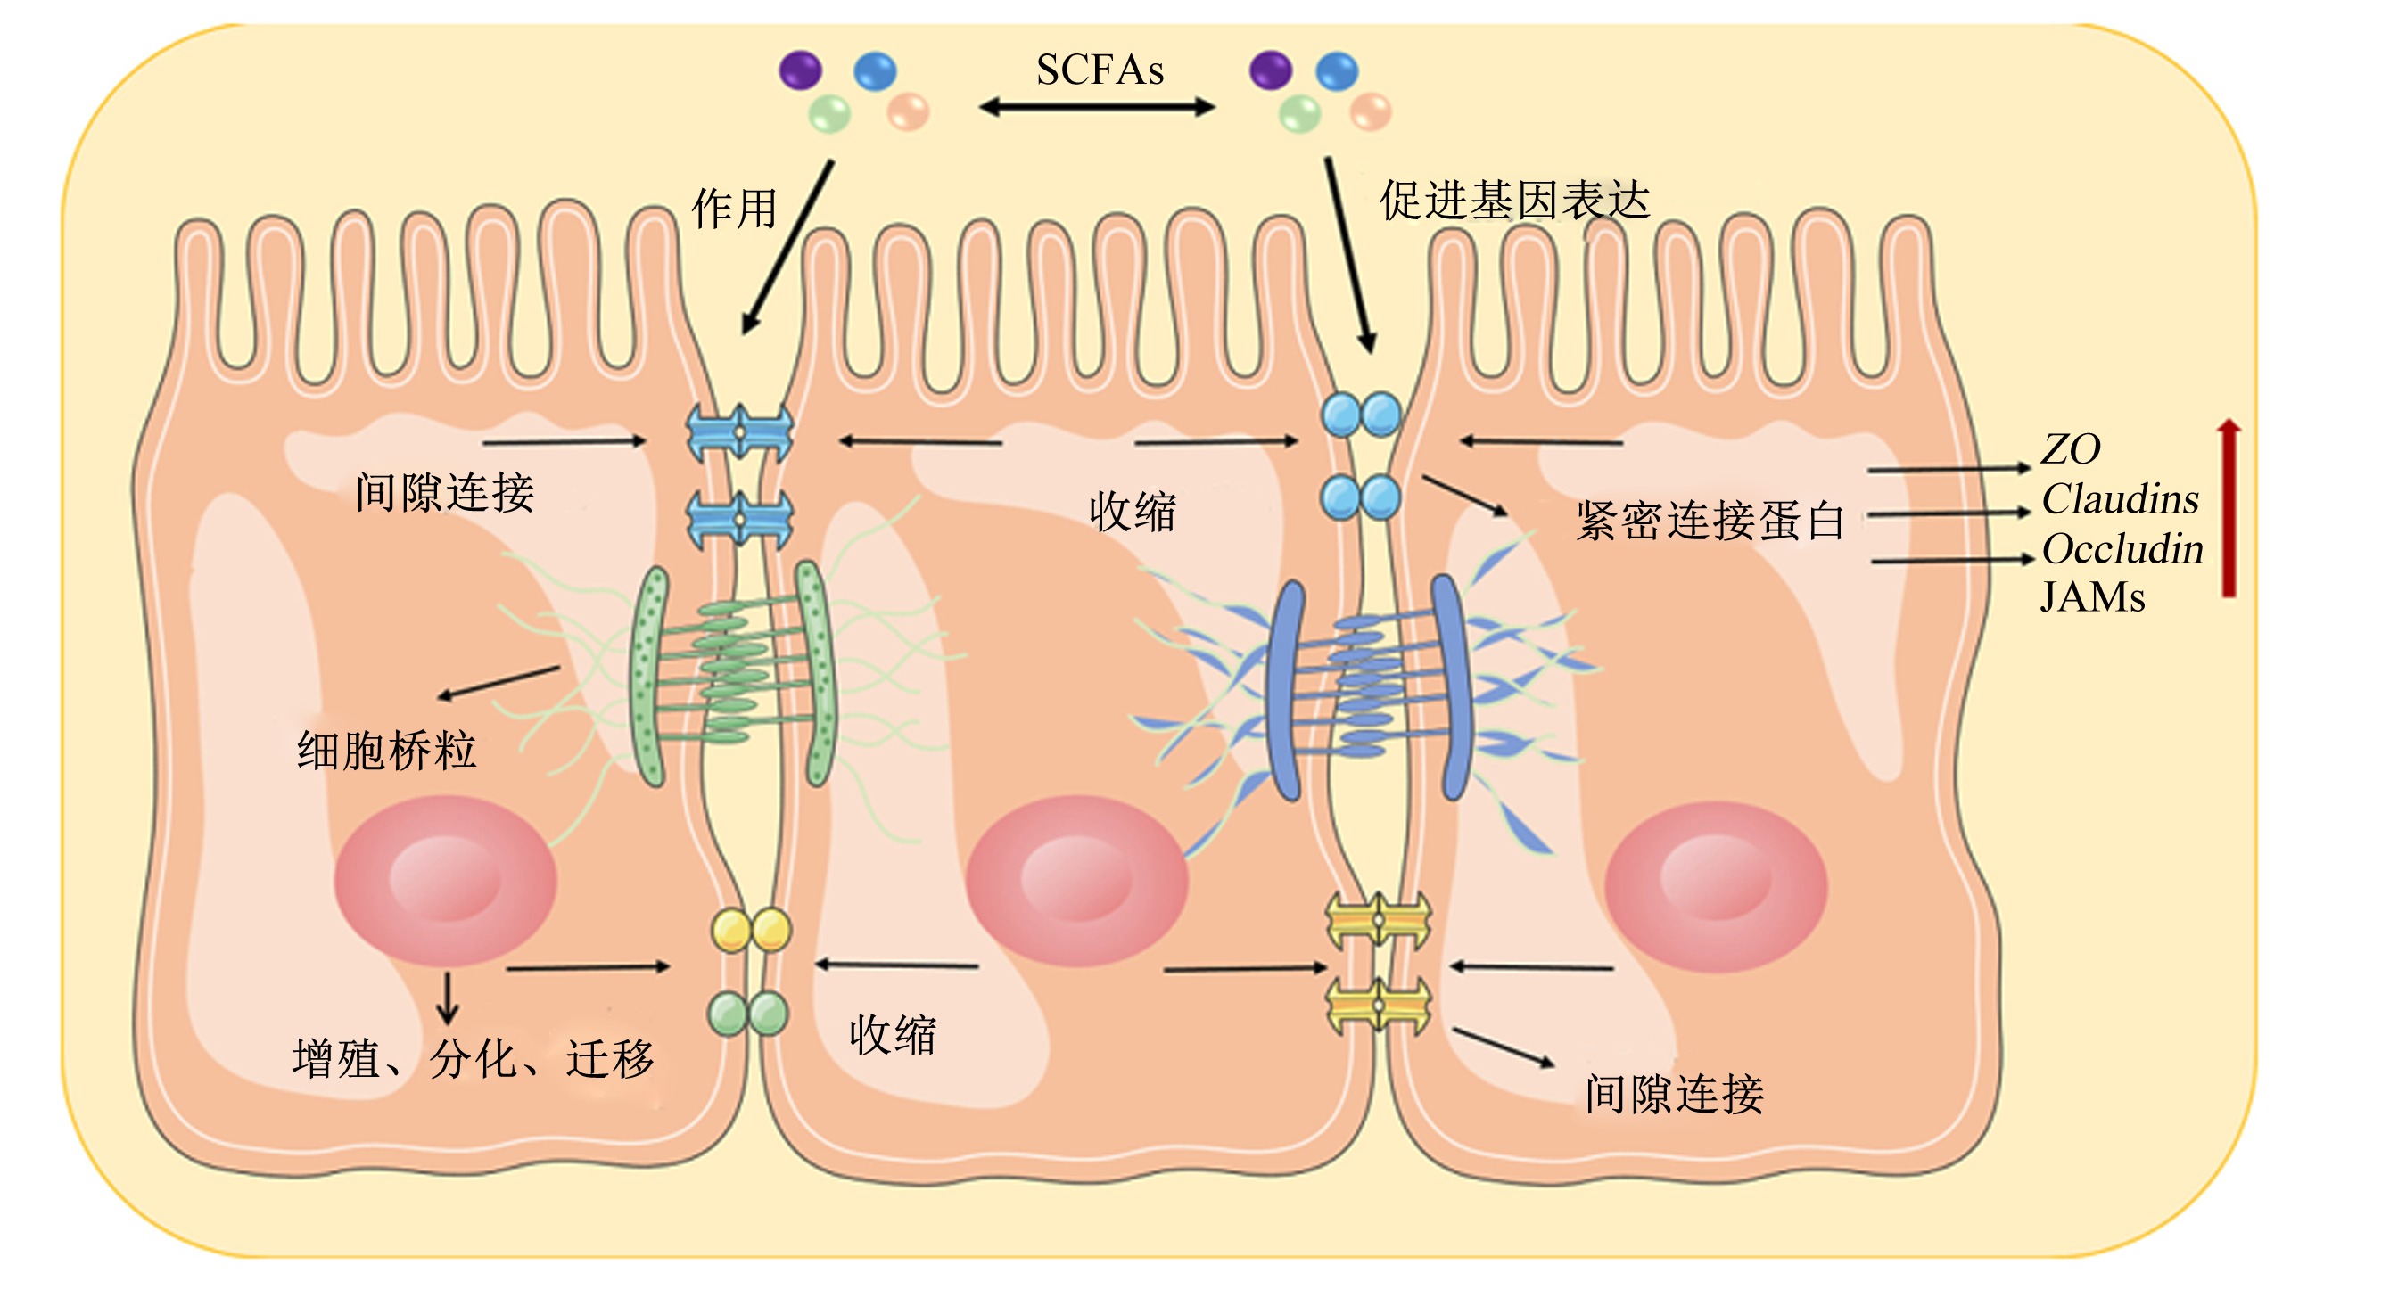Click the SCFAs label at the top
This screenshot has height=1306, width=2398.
pyautogui.click(x=1100, y=70)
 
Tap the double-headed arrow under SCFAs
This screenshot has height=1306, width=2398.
pyautogui.click(x=1097, y=108)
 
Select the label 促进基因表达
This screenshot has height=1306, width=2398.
pyautogui.click(x=1514, y=201)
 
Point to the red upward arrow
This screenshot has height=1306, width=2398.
pyautogui.click(x=2229, y=507)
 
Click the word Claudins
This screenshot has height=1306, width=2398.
pyautogui.click(x=2120, y=499)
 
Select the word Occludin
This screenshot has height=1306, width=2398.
pyautogui.click(x=2122, y=548)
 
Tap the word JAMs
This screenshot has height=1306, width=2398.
pyautogui.click(x=2093, y=596)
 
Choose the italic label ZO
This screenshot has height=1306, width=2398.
pyautogui.click(x=2071, y=448)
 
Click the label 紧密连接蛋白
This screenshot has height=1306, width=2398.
pyautogui.click(x=1710, y=521)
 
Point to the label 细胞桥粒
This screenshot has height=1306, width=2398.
pyautogui.click(x=386, y=751)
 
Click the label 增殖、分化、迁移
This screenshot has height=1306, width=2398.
pyautogui.click(x=473, y=1058)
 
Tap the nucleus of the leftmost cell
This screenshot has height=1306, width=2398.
pyautogui.click(x=446, y=881)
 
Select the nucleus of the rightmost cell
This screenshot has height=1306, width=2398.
pyautogui.click(x=1716, y=886)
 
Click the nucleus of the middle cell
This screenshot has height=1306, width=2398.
pyautogui.click(x=1077, y=881)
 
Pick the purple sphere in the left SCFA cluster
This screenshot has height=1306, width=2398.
pyautogui.click(x=801, y=70)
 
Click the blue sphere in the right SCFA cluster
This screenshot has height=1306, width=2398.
pyautogui.click(x=1337, y=70)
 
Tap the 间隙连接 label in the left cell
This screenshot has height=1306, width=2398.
pyautogui.click(x=445, y=492)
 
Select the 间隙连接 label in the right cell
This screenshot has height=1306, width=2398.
pyautogui.click(x=1675, y=1094)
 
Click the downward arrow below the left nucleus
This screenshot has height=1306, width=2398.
pyautogui.click(x=448, y=998)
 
